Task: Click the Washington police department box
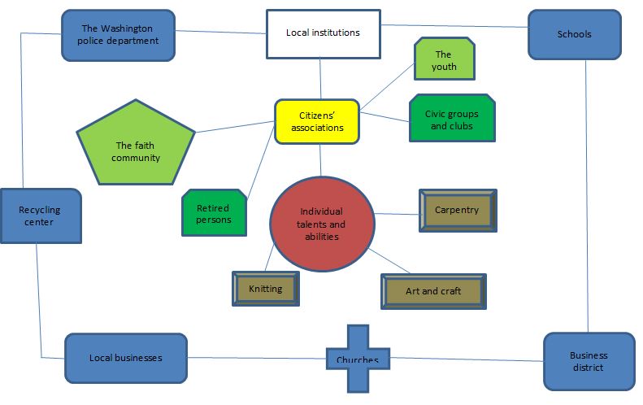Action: click(x=119, y=35)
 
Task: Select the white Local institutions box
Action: click(x=323, y=33)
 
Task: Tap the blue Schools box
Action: click(x=574, y=35)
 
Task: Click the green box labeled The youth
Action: click(x=444, y=60)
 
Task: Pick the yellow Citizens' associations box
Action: click(x=317, y=122)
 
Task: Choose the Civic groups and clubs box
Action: click(x=451, y=120)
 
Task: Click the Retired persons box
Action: click(x=214, y=214)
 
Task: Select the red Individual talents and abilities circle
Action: click(x=322, y=223)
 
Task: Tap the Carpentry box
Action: click(x=457, y=210)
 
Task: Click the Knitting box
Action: click(x=265, y=289)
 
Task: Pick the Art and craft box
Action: click(x=433, y=291)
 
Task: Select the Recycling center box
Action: click(x=40, y=216)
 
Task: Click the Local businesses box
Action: click(x=125, y=358)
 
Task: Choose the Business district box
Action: click(x=588, y=361)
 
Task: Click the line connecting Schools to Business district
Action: click(x=586, y=195)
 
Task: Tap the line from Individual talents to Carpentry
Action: click(x=397, y=215)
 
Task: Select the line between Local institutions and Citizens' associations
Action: click(x=319, y=79)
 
